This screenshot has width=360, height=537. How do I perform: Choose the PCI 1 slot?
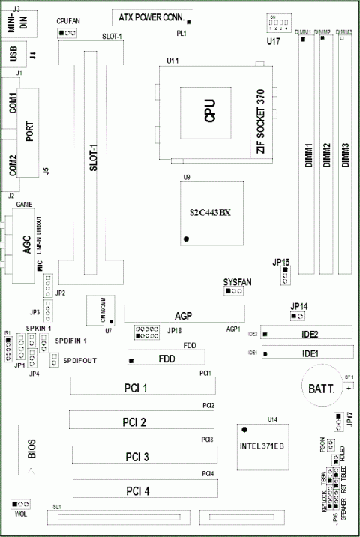click(x=142, y=387)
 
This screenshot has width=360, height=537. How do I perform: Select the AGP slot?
click(x=184, y=313)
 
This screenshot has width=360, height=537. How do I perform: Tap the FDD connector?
click(x=166, y=359)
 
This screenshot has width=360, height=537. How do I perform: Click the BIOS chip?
click(x=31, y=449)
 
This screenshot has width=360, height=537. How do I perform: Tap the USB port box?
click(x=13, y=55)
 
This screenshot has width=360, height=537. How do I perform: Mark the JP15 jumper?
click(x=285, y=277)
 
